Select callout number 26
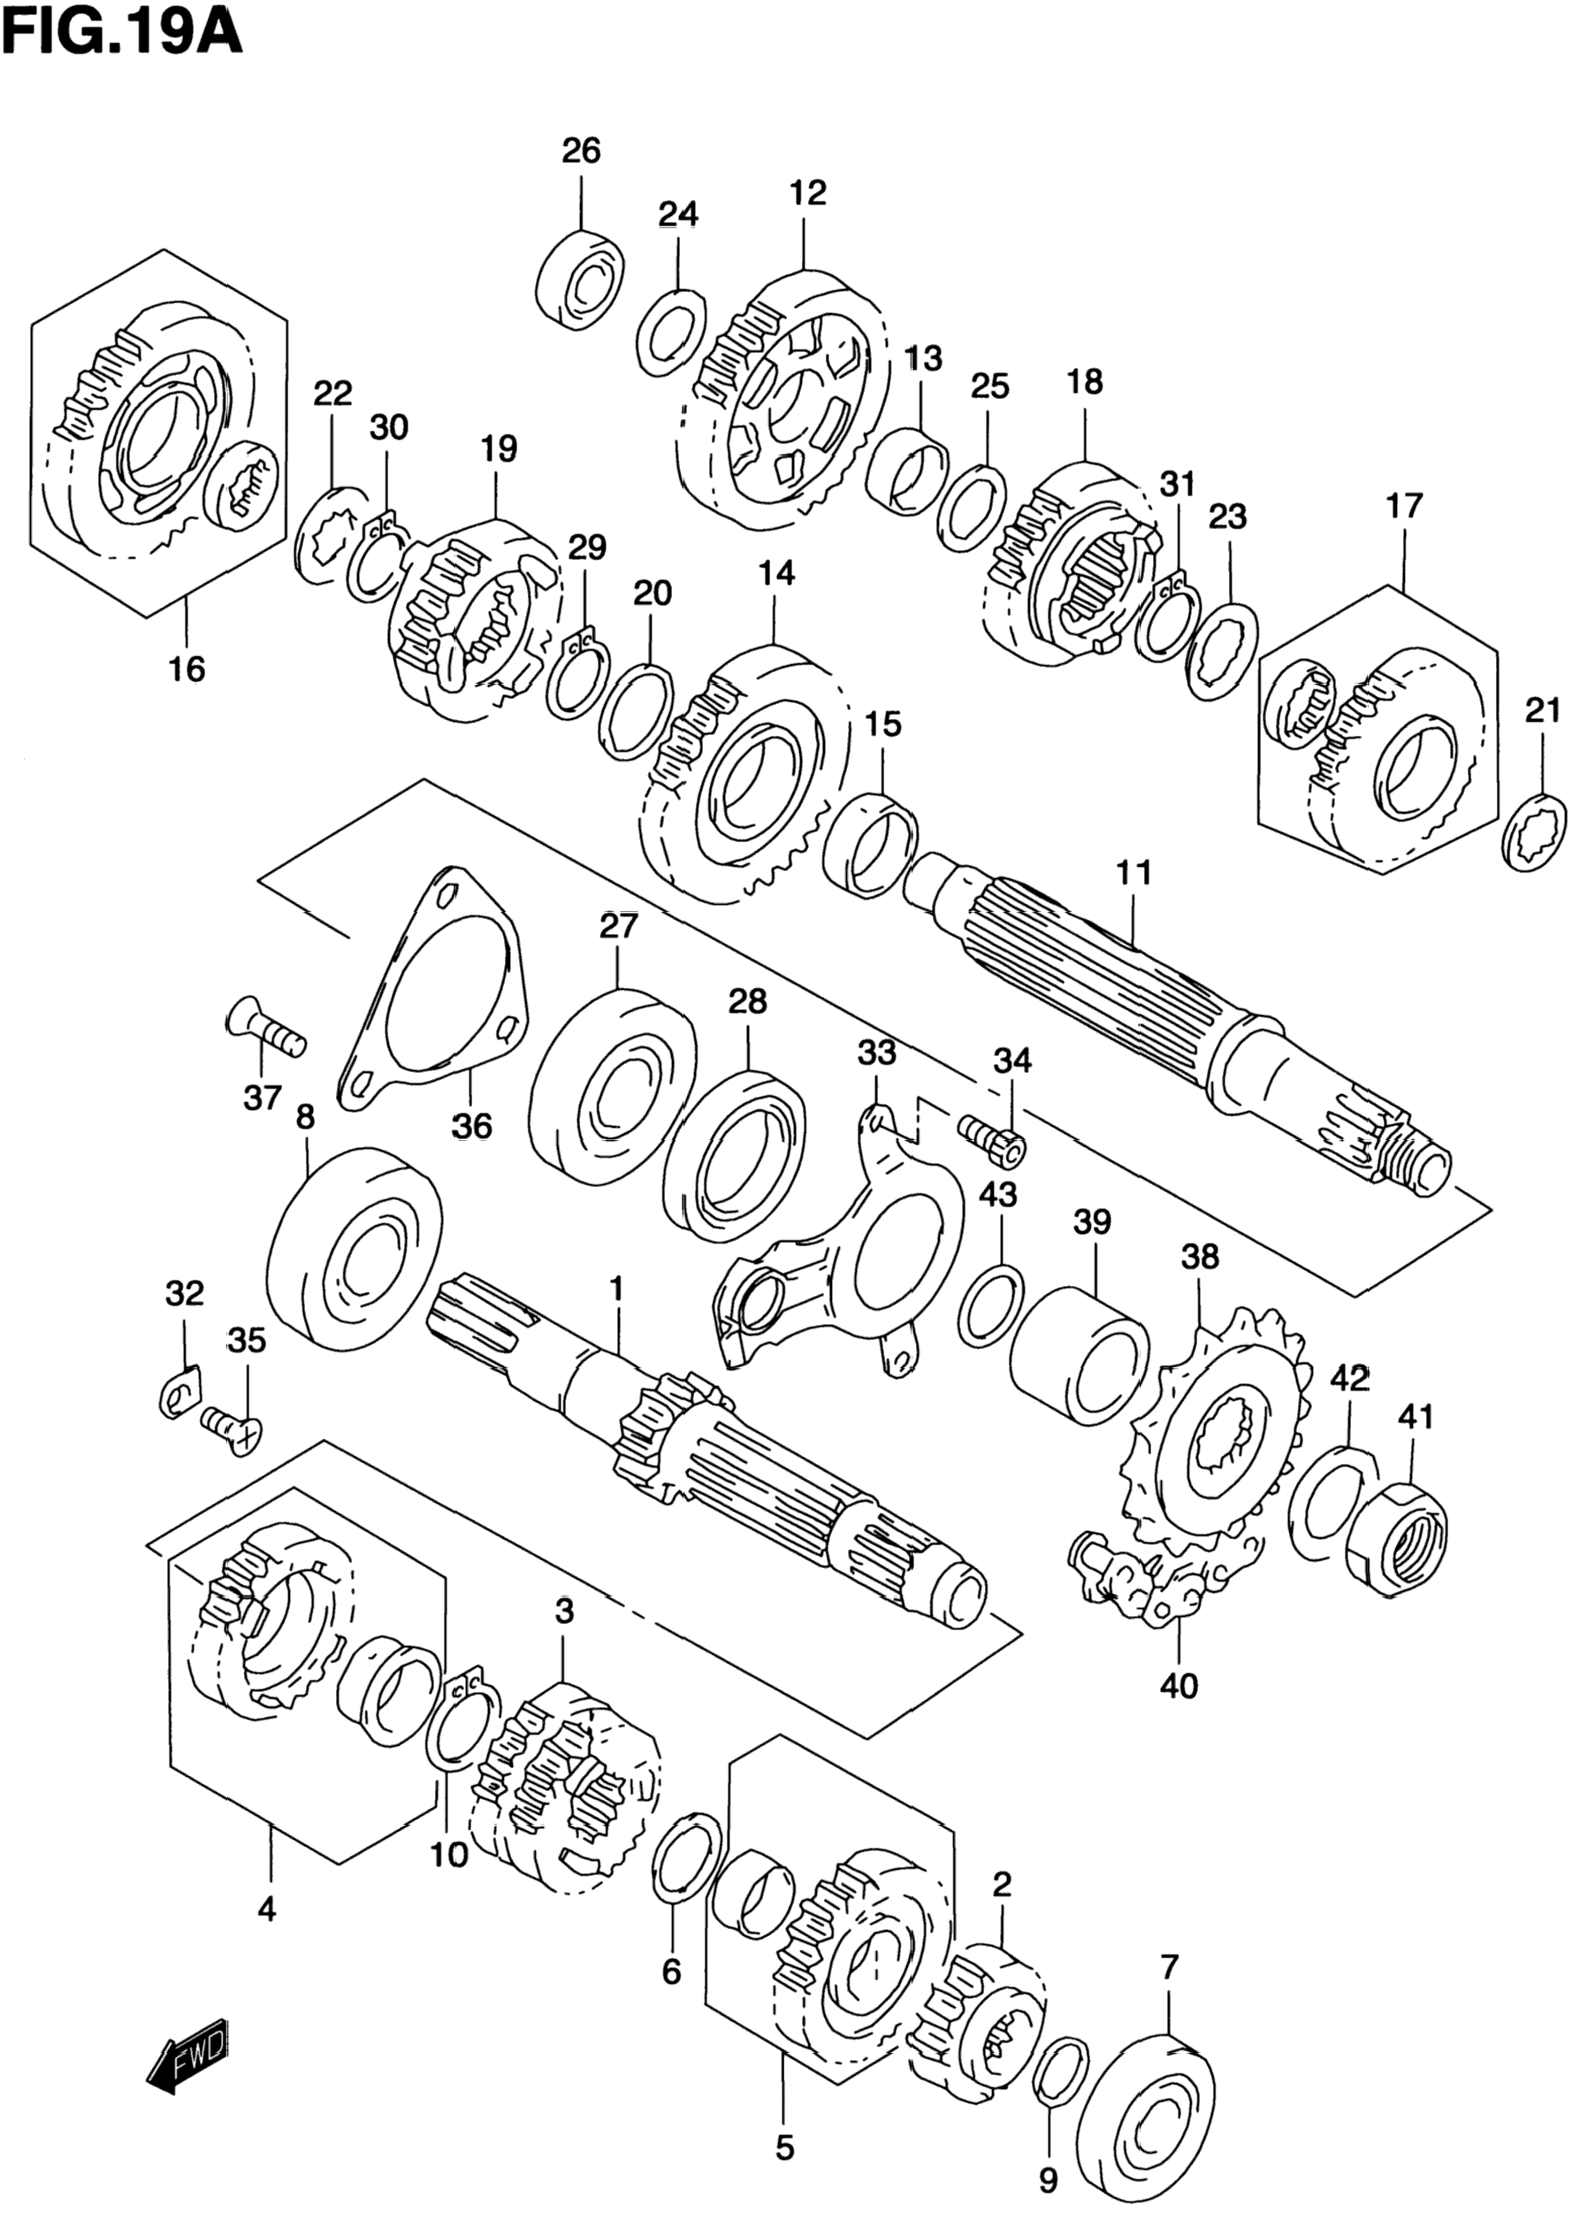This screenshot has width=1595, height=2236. coord(581,151)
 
